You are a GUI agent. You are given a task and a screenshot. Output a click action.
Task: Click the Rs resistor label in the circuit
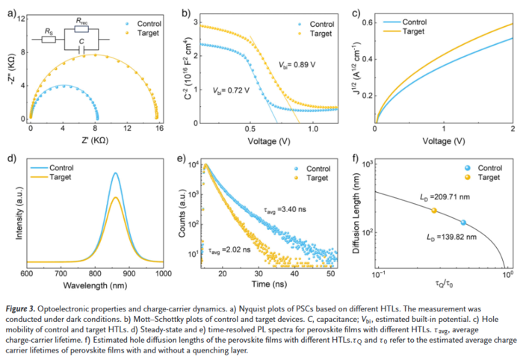[x=49, y=32]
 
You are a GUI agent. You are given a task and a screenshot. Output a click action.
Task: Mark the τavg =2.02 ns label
[x=228, y=252]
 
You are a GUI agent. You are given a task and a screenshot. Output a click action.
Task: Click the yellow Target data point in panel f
[x=434, y=211]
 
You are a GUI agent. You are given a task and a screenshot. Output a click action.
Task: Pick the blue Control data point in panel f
[x=463, y=223]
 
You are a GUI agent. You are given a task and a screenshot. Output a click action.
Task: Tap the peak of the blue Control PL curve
[x=115, y=173]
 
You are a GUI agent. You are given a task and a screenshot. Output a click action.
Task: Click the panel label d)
[x=10, y=158]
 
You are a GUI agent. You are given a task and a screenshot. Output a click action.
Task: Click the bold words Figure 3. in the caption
[x=26, y=308]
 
